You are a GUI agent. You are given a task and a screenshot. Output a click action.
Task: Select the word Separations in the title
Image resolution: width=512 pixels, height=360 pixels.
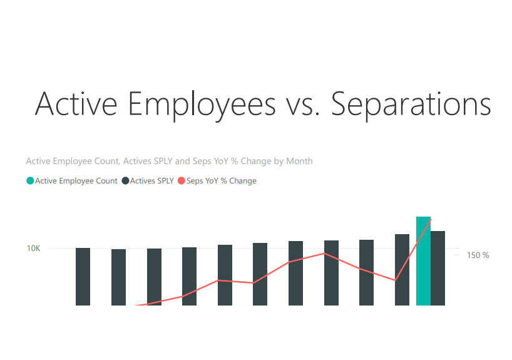point(411,105)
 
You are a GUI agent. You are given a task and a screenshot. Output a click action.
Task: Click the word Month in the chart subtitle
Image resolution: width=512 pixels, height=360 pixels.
point(299,161)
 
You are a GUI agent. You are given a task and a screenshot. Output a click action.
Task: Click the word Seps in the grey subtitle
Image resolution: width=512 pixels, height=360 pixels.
point(203,161)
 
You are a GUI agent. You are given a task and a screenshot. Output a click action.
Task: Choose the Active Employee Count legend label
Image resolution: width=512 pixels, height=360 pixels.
point(76,181)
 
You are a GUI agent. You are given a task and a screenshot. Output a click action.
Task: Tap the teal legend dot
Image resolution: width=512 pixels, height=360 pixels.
point(30,181)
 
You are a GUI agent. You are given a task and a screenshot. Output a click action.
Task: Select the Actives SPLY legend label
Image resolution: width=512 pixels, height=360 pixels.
point(152,181)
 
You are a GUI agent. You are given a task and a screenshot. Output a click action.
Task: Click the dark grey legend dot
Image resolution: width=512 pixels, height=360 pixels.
point(125,181)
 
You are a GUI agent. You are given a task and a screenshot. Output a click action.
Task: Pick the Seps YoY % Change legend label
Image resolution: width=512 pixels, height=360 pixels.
point(222,181)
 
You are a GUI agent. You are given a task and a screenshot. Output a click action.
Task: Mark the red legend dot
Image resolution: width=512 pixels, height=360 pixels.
point(182,181)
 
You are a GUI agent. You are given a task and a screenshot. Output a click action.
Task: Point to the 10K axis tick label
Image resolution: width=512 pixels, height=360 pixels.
point(33,248)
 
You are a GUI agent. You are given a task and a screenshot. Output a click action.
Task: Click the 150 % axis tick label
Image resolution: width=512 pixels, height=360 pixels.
point(478,255)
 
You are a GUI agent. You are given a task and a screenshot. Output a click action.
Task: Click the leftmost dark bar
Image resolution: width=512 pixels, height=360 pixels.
point(83,276)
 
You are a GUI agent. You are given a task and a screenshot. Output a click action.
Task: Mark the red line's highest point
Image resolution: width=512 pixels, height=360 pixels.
point(431,219)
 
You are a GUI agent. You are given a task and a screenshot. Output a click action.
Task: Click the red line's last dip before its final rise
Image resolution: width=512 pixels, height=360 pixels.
point(395,280)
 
